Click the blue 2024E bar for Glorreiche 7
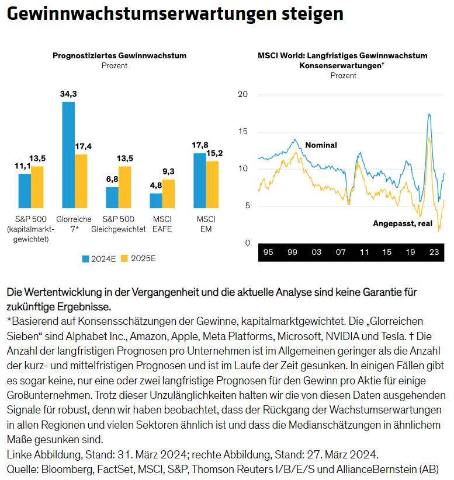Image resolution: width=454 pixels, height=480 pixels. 68,155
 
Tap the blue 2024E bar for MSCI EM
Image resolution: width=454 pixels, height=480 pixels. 200,180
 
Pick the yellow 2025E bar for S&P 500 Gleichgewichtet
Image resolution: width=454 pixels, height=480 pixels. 124,187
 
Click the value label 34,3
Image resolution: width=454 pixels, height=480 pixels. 68,94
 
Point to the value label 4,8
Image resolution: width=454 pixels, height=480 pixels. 156,185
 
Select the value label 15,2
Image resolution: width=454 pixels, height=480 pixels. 212,153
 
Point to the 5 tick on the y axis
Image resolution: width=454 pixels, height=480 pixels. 247,206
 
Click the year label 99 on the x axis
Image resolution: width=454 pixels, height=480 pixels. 292,252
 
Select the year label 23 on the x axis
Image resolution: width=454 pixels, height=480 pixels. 434,252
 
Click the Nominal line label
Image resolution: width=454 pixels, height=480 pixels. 321,145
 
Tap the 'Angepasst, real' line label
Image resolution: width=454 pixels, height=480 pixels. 403,223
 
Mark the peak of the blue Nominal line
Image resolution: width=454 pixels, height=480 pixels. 429,114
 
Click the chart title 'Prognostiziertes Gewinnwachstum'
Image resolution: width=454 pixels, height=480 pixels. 119,56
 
